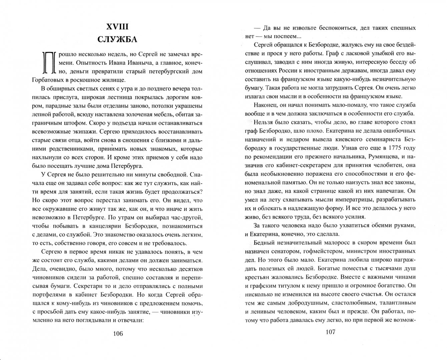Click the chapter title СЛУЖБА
point(117,39)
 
